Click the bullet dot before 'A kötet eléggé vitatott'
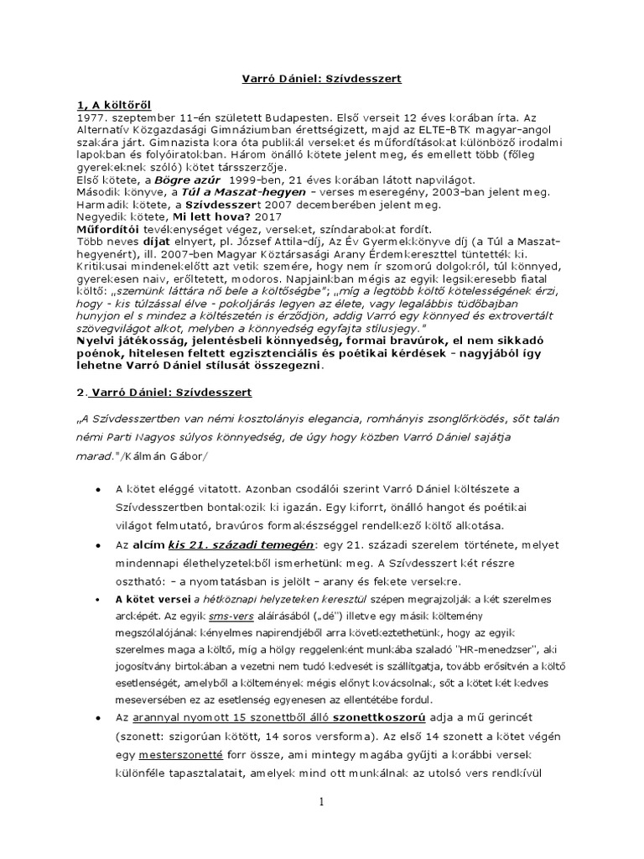[x=100, y=488]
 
